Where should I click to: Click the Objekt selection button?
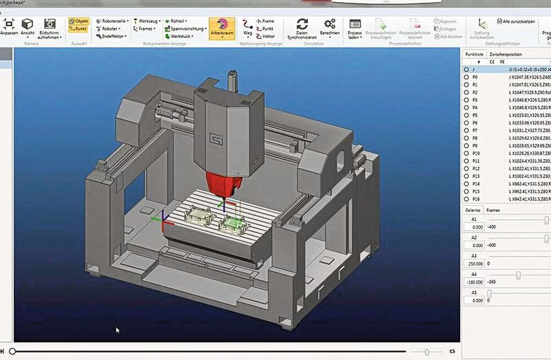pyautogui.click(x=79, y=21)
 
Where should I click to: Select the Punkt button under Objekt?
pyautogui.click(x=79, y=29)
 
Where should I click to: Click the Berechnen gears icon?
pyautogui.click(x=329, y=24)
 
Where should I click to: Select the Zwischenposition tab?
pyautogui.click(x=505, y=54)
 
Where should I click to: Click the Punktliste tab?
pyautogui.click(x=474, y=54)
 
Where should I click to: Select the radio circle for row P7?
pyautogui.click(x=467, y=130)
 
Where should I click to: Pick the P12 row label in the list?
pyautogui.click(x=476, y=168)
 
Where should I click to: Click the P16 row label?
pyautogui.click(x=476, y=198)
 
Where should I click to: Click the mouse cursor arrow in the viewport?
pyautogui.click(x=118, y=330)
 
